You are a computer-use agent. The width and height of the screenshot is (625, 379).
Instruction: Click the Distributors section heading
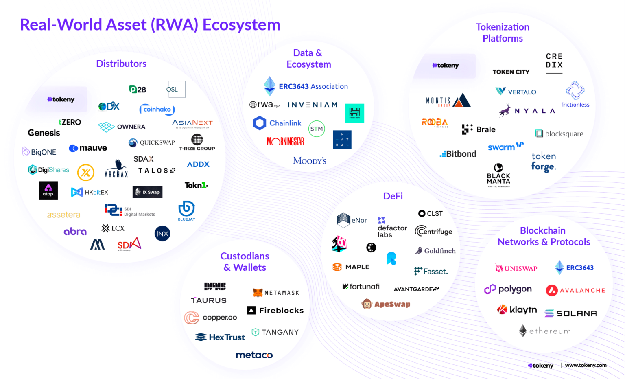tap(121, 64)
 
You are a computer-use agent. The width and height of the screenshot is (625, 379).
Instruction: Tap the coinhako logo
tap(157, 109)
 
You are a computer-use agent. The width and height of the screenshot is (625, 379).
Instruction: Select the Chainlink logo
tap(278, 123)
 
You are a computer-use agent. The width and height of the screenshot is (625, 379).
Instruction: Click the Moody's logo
tap(310, 160)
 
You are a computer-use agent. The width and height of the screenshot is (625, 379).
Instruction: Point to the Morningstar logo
tap(285, 141)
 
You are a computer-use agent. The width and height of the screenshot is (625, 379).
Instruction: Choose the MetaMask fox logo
tap(258, 293)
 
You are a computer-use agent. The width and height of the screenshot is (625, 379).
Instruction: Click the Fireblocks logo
tap(275, 311)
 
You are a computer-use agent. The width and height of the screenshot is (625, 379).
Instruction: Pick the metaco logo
tap(254, 355)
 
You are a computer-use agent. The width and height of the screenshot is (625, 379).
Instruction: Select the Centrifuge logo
tap(433, 231)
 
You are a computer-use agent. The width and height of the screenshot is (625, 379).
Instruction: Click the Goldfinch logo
tap(435, 251)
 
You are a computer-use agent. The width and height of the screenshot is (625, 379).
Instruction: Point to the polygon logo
tap(508, 289)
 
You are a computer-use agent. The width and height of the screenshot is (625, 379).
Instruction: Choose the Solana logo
tap(571, 313)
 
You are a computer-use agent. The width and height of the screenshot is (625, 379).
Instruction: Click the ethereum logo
tap(545, 331)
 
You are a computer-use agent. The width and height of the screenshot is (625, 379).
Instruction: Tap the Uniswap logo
tap(516, 268)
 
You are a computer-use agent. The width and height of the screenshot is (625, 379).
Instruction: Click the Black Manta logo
tap(498, 175)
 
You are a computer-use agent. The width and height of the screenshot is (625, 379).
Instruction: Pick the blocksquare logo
tap(559, 134)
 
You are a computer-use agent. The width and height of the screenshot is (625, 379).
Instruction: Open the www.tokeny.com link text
tap(586, 365)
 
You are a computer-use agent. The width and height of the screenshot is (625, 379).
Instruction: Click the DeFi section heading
tap(393, 196)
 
